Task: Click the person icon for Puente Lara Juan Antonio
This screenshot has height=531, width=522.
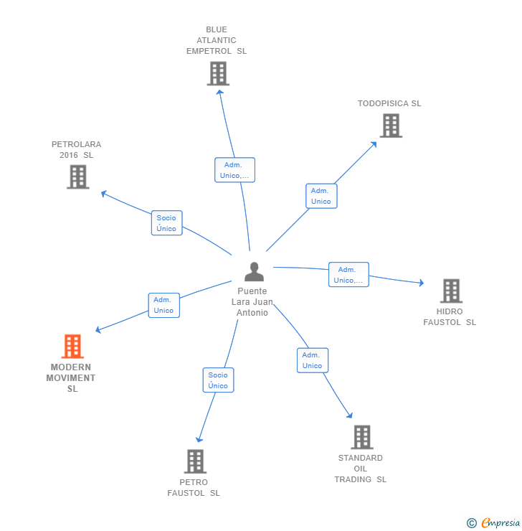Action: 254,272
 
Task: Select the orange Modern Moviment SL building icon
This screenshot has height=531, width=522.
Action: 72,347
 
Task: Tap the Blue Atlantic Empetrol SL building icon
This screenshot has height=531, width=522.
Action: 217,73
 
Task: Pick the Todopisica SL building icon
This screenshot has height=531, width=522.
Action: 391,126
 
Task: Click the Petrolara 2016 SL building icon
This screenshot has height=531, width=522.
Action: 78,177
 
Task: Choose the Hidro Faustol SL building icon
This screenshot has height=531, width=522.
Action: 451,291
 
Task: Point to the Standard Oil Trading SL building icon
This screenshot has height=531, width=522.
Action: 362,437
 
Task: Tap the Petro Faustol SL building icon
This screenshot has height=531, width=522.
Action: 195,461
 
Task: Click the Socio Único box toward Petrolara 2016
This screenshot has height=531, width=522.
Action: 166,223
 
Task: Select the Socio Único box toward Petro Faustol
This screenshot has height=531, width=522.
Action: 218,380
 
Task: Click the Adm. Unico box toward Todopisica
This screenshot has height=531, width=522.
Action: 321,196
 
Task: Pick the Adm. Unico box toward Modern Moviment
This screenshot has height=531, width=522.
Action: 163,305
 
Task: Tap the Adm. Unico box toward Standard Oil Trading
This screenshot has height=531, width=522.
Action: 312,360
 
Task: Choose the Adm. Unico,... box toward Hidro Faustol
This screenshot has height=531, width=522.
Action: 348,275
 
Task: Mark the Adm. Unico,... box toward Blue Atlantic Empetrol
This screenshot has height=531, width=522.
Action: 234,170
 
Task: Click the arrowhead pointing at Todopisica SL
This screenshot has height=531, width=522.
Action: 374,144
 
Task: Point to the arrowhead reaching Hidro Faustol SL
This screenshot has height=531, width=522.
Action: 421,283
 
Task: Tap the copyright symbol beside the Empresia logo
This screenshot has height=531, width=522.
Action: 471,523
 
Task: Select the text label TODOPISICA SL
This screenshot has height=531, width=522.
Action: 389,103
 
